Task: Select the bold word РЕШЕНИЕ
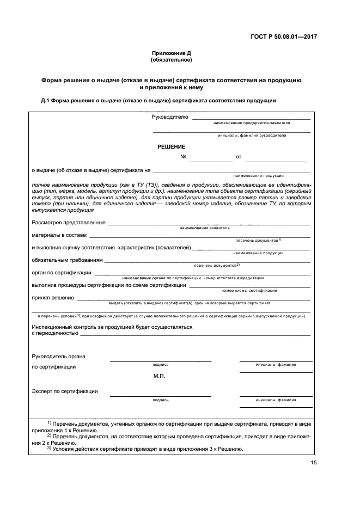[x=172, y=146]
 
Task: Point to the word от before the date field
[x=238, y=157]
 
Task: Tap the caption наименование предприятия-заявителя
[x=252, y=123]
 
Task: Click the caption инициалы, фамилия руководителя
[x=251, y=136]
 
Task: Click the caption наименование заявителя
[x=204, y=228]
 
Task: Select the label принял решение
[x=52, y=297]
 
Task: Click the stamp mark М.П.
[x=159, y=376]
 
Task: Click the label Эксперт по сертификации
[x=65, y=391]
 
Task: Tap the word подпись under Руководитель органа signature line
[x=161, y=364]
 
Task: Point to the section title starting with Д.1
[x=159, y=101]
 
